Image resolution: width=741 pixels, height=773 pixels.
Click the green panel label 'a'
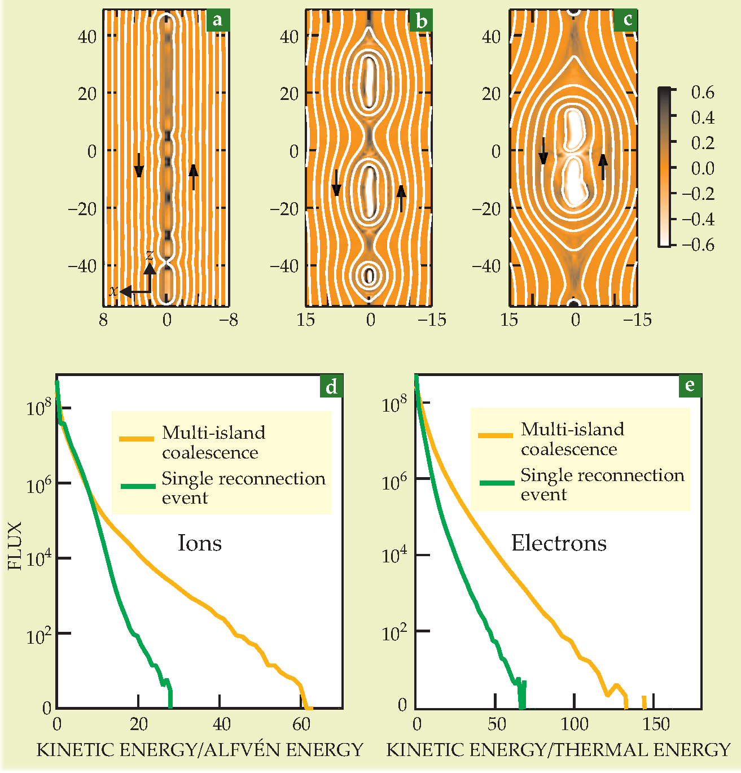217,21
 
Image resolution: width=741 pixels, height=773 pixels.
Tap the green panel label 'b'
421,21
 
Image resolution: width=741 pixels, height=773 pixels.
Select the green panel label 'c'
627,20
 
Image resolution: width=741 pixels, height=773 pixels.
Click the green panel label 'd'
331,386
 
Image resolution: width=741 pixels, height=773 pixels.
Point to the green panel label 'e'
690,385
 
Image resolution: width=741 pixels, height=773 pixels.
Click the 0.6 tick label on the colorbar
703,92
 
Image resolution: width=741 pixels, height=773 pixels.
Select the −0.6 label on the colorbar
698,244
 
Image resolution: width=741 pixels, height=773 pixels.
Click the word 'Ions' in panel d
199,543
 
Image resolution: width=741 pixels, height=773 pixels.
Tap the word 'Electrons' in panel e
559,543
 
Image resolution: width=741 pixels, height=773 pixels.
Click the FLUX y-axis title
15,545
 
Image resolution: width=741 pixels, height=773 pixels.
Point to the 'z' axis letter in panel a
149,255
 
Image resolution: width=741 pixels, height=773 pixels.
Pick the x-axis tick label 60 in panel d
302,724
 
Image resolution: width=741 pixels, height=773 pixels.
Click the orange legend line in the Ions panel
137,438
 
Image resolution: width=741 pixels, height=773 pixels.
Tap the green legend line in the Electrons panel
497,483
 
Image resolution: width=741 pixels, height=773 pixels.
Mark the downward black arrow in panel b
336,182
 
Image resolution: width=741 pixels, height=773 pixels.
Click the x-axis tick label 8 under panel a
103,320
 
